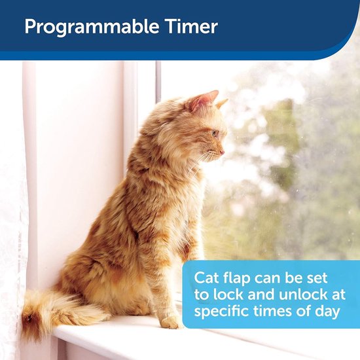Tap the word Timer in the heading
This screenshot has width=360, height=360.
click(194, 27)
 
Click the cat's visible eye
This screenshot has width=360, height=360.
click(213, 133)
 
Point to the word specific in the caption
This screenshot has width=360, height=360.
click(223, 312)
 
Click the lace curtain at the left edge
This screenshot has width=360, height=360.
click(12, 229)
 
